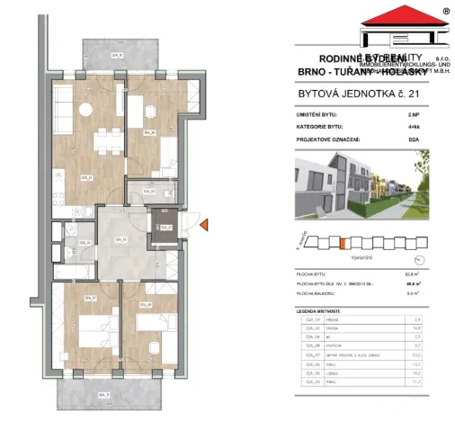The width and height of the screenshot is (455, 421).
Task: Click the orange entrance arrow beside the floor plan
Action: (x=205, y=224)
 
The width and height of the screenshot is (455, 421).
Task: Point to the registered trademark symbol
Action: (x=446, y=12)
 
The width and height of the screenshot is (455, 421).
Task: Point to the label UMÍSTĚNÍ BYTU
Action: (x=317, y=116)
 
